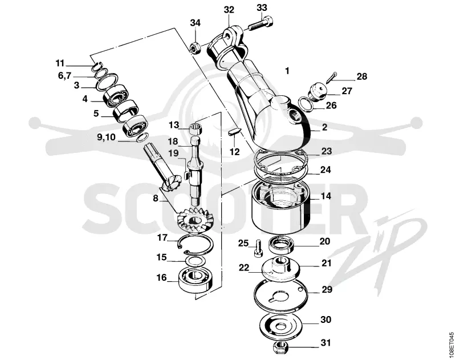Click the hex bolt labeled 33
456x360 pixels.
pyautogui.click(x=261, y=24)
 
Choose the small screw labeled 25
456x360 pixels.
pyautogui.click(x=258, y=248)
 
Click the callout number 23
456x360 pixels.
pyautogui.click(x=326, y=152)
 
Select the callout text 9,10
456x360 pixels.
pyautogui.click(x=106, y=137)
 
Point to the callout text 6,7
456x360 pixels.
pyautogui.click(x=64, y=76)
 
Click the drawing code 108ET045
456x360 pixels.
pyautogui.click(x=451, y=343)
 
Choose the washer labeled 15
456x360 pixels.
pyautogui.click(x=196, y=261)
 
